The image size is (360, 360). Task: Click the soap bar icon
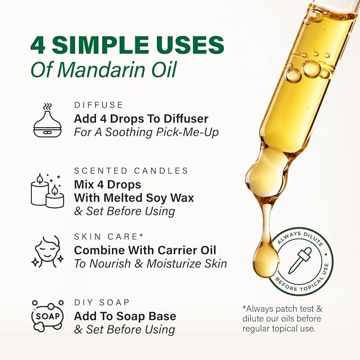point(47,316)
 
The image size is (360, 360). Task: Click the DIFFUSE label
point(99,105)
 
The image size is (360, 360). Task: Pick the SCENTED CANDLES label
point(131,171)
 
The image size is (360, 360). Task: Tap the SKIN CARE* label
point(109,236)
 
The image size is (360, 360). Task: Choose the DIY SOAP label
point(102,302)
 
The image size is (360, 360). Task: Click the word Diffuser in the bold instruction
point(180,118)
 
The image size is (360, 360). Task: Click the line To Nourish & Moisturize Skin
point(151,264)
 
